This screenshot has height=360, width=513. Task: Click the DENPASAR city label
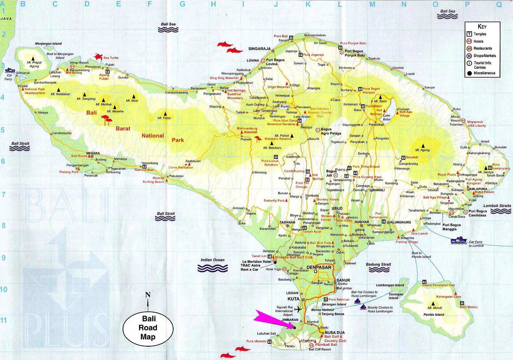click(x=319, y=267)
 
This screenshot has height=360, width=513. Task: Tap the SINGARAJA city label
click(x=259, y=49)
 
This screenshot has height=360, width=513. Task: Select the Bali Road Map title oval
click(x=148, y=328)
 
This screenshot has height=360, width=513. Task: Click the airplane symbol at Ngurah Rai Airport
click(x=298, y=309)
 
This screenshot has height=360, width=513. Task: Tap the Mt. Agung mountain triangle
click(x=423, y=146)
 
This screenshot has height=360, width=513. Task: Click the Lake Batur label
click(x=387, y=117)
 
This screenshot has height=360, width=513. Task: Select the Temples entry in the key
click(x=480, y=34)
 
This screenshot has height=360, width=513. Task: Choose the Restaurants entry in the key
click(x=483, y=49)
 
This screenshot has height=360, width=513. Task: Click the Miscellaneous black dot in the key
click(x=470, y=73)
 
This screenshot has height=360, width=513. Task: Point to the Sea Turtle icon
click(x=99, y=57)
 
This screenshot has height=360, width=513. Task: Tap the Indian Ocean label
click(x=213, y=260)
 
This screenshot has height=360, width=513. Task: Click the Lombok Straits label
click(x=497, y=206)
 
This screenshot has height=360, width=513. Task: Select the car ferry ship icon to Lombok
click(x=459, y=240)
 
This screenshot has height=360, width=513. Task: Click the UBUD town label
click(x=337, y=208)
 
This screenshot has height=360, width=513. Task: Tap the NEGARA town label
click(x=93, y=153)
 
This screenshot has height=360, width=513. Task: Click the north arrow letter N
click(x=148, y=295)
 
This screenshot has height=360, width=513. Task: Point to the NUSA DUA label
click(x=335, y=332)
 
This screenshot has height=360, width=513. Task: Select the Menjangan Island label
click(x=48, y=43)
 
